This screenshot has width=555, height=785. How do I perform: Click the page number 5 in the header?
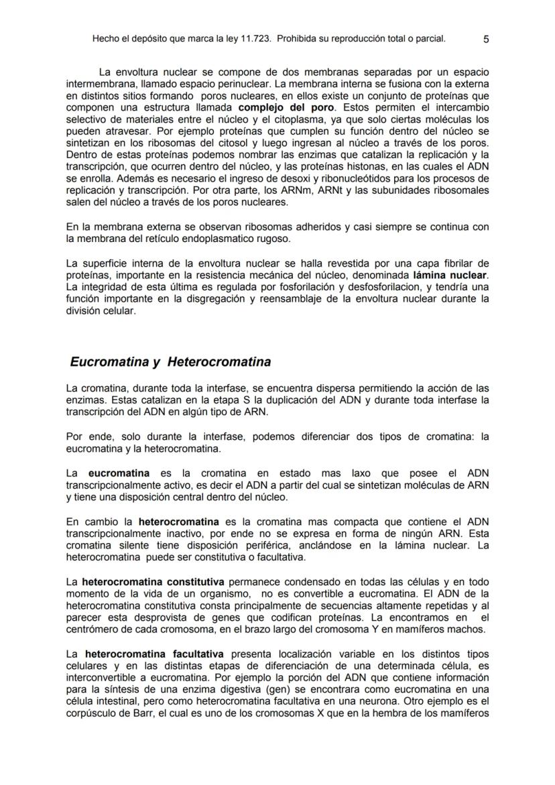486,39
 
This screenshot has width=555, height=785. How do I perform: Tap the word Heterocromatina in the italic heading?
219,363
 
